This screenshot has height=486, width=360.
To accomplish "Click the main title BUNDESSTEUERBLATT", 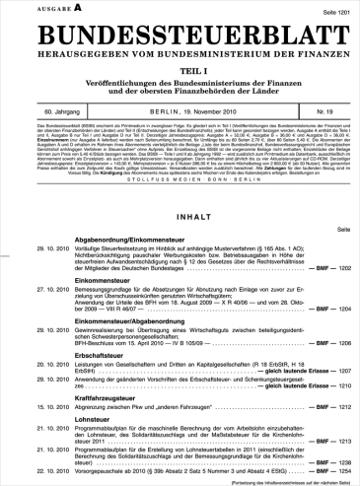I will (x=180, y=33).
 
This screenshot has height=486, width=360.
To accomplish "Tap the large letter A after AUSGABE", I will (x=50, y=8).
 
